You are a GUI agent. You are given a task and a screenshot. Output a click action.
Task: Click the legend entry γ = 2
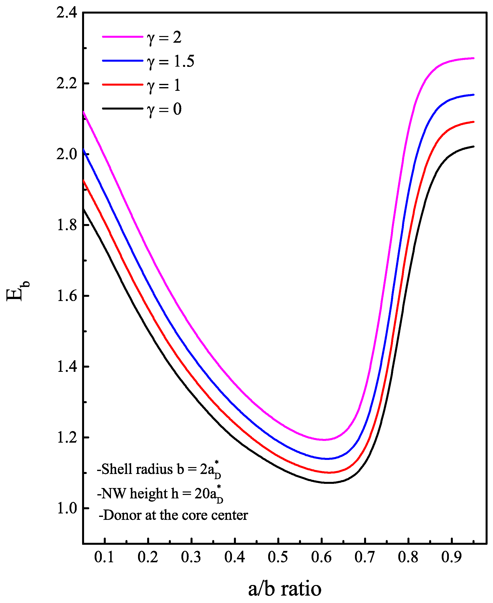164,37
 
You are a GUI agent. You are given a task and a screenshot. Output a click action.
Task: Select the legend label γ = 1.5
171,61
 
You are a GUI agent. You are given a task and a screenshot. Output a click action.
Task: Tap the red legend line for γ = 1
123,85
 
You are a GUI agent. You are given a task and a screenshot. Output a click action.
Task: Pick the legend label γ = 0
164,109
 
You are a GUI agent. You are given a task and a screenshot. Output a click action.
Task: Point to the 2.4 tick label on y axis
67,13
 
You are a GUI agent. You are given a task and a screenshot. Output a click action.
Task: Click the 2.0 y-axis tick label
67,154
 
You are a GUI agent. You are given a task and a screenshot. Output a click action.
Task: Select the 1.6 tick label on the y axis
67,296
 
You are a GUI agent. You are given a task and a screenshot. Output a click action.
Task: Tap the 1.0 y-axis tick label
67,508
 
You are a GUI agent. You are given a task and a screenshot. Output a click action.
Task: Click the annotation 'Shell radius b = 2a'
159,470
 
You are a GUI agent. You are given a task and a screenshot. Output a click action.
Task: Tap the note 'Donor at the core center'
173,515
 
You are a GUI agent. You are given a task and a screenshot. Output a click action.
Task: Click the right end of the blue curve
474,95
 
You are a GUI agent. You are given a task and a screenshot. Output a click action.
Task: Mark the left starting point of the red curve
84,180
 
